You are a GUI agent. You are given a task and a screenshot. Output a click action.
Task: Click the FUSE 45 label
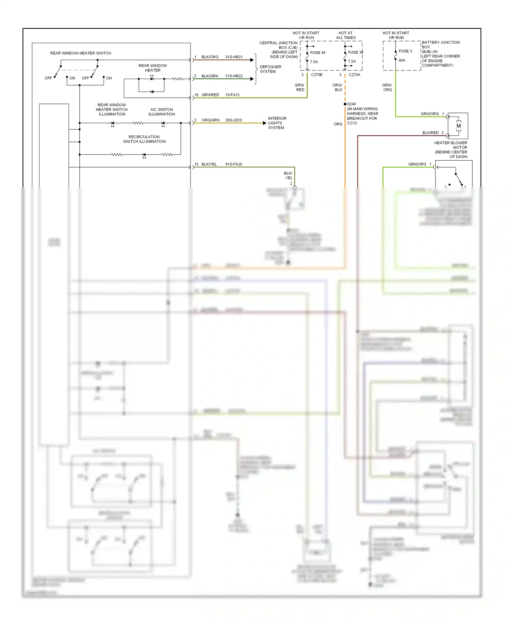[x=317, y=53]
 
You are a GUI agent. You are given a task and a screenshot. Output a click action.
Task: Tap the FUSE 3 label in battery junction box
[x=405, y=51]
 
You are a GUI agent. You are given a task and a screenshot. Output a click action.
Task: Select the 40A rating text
[x=402, y=61]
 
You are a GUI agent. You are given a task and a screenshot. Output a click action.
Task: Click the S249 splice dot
[x=345, y=104]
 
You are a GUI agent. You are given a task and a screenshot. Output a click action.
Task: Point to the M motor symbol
[x=458, y=126]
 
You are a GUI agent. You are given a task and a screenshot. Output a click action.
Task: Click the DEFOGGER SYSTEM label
[x=270, y=69]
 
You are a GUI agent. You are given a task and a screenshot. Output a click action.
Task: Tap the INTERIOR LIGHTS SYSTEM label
[x=277, y=123]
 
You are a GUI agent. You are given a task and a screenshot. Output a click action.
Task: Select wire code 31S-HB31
[x=234, y=57]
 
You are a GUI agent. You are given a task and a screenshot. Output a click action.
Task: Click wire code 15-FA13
[x=232, y=95]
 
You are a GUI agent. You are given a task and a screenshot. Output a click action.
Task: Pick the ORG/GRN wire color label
[x=210, y=120]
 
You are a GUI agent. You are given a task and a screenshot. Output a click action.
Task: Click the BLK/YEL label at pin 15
[x=209, y=164]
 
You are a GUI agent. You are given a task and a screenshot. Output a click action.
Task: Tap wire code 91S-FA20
[x=234, y=164]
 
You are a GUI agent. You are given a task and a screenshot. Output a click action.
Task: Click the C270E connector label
[x=316, y=75]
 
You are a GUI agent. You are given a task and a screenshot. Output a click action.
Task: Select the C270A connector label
[x=354, y=75]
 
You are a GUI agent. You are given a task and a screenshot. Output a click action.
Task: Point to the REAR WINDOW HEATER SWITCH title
[x=80, y=53]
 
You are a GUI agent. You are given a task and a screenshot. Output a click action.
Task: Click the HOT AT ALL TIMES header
[x=345, y=36]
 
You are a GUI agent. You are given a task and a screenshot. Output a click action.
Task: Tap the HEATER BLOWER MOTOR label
[x=451, y=150]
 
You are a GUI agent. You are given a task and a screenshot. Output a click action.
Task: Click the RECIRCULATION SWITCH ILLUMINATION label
[x=144, y=139]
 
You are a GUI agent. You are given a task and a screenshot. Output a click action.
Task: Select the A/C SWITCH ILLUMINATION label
[x=161, y=112]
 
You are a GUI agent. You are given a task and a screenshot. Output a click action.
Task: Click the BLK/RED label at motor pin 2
[x=430, y=133]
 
